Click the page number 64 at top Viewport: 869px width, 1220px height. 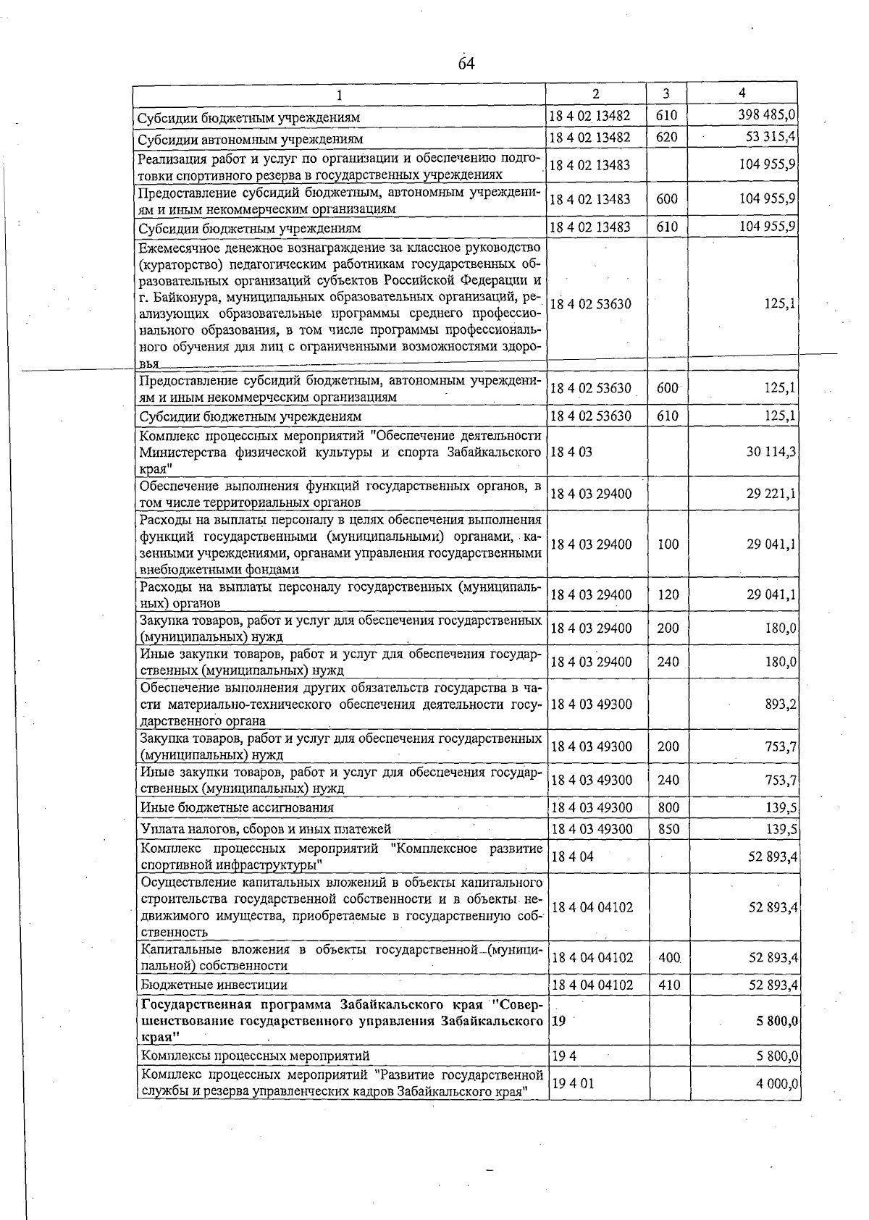[x=466, y=64]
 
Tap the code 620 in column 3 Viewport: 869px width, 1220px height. [x=666, y=137]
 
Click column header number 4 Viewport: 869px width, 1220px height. [x=742, y=93]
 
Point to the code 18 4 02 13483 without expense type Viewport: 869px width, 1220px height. [x=589, y=165]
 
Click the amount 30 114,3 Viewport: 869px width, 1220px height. [x=771, y=451]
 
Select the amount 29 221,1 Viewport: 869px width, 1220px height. [x=771, y=494]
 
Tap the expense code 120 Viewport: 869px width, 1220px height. [x=668, y=594]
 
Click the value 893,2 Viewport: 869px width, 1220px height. [x=781, y=704]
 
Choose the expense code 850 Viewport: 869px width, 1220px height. [x=668, y=829]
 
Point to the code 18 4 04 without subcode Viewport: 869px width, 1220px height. [x=572, y=857]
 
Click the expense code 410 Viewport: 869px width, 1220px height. [x=668, y=985]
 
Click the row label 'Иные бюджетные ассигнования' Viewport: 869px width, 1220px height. [x=237, y=807]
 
